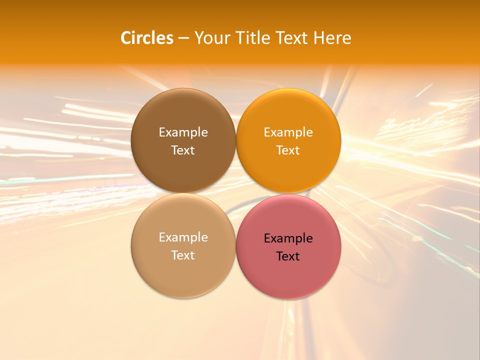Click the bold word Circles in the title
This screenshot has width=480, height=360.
147,38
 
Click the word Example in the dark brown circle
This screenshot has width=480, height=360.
183,132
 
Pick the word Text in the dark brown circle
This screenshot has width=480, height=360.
183,150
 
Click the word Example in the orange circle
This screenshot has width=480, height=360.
288,132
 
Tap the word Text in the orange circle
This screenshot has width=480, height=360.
288,150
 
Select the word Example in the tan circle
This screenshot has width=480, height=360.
183,237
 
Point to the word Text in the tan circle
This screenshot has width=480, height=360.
183,255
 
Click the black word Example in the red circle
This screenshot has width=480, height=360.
288,238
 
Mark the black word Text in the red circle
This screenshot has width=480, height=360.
288,256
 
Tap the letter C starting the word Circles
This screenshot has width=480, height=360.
126,38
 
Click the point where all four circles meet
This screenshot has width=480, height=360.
236,193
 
